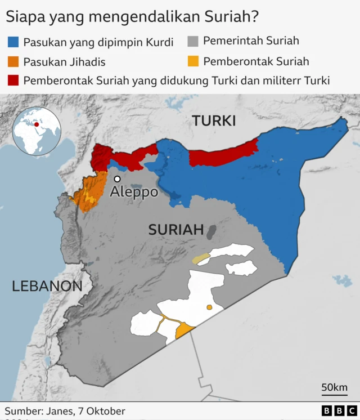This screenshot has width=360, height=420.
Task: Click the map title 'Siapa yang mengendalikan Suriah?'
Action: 132,16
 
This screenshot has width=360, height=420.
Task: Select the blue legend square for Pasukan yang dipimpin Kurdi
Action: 13,42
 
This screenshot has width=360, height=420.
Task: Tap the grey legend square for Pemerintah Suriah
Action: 193,41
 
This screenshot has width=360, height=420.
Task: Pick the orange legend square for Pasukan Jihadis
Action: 13,61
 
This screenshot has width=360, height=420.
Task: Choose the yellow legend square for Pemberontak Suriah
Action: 193,61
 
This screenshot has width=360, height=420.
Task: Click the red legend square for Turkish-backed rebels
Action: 13,80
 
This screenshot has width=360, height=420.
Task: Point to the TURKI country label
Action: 214,120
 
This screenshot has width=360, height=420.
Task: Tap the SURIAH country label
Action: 175,229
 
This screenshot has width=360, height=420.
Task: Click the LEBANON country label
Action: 47,286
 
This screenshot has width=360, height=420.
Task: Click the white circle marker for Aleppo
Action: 117,179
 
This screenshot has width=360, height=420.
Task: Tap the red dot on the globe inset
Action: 37,124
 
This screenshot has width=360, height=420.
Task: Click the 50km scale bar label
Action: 334,387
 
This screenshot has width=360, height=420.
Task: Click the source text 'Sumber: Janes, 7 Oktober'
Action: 65,411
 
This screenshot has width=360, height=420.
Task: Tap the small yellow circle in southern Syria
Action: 209,307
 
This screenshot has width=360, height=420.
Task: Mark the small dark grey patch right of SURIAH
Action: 211,231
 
